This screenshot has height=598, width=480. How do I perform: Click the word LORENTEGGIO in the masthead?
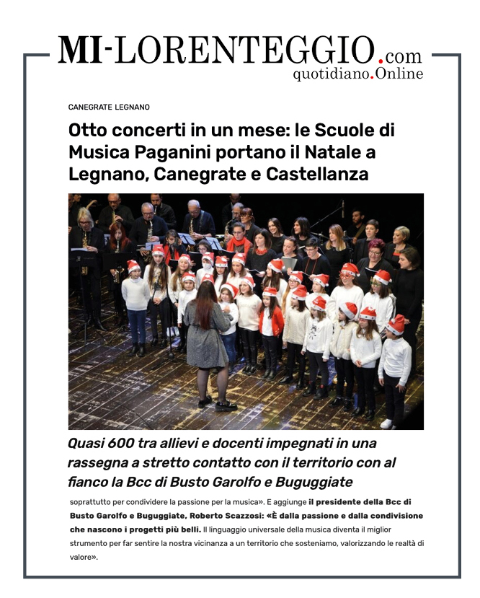tap(245, 50)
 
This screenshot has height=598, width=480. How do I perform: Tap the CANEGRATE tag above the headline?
tap(90, 107)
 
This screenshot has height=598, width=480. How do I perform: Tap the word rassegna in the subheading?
tap(94, 462)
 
